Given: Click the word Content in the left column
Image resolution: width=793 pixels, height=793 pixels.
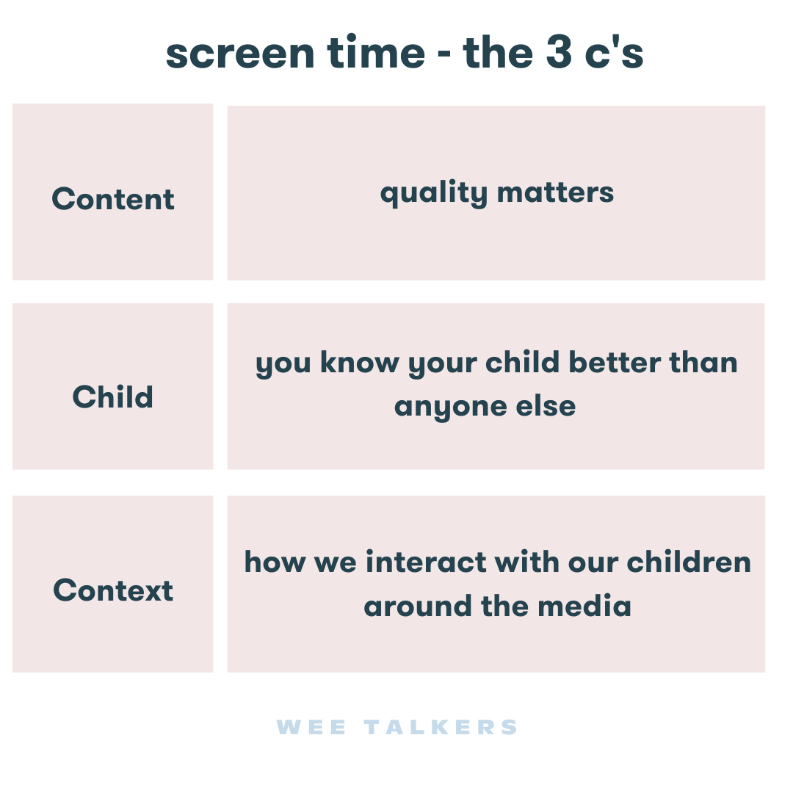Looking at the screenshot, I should pos(113,199).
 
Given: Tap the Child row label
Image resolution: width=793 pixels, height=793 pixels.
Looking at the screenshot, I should pos(113,396).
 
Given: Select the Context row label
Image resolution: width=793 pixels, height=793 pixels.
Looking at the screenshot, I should pos(113,590).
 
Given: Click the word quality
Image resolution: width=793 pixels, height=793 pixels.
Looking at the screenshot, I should pos(433,193).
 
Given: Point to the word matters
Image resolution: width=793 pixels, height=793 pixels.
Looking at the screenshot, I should pos(555,193).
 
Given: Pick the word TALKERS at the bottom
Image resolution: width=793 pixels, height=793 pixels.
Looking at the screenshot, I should pos(441,728).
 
